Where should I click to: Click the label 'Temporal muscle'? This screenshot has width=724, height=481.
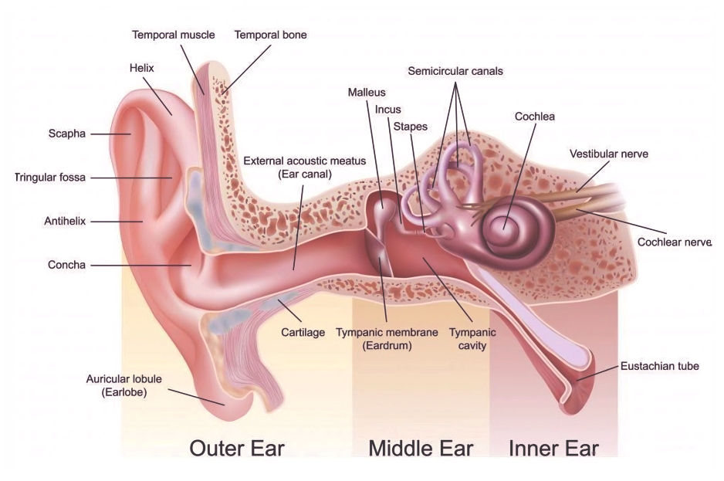173,35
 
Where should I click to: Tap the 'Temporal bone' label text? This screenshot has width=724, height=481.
271,35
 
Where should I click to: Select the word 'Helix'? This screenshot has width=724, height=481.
142,69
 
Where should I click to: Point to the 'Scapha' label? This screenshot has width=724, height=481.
67,134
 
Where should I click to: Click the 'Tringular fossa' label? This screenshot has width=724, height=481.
50,178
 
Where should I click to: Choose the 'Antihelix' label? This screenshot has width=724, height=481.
65,222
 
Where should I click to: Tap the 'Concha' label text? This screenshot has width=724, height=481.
66,266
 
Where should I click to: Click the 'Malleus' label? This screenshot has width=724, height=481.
367,93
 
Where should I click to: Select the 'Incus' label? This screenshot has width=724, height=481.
387,110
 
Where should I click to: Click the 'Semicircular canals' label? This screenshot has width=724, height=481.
455,71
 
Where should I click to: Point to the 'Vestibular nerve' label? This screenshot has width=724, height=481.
608,154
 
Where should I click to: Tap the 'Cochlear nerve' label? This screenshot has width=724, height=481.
674,242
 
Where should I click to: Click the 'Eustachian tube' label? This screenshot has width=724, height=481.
659,367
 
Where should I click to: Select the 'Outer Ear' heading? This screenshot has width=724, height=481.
237,449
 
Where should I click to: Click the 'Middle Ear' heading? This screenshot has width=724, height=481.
421,449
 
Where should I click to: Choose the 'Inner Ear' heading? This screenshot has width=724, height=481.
553,449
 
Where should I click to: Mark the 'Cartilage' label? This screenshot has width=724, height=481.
303,333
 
